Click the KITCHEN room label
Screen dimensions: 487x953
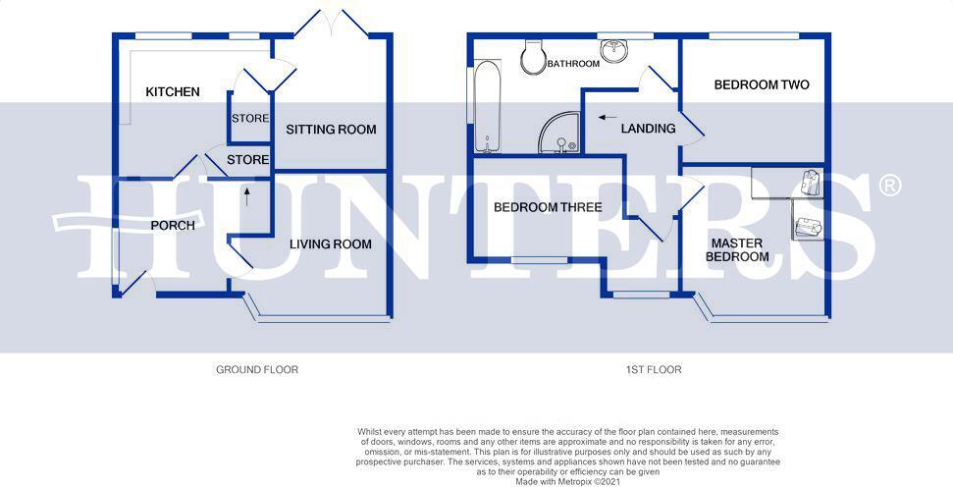point(173,92)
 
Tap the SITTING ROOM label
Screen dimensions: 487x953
point(331,130)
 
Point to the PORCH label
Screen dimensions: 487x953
point(172,226)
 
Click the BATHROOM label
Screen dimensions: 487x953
point(573,64)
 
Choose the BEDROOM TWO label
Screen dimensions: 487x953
point(761,85)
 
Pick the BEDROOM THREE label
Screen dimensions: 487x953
point(548,207)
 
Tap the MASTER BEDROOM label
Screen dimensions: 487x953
point(740,249)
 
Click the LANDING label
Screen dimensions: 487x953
point(648,129)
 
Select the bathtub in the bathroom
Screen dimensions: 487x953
point(488,107)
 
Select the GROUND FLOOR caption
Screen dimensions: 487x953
point(257,370)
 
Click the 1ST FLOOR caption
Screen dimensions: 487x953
point(654,370)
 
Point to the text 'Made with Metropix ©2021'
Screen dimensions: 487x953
point(568,482)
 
